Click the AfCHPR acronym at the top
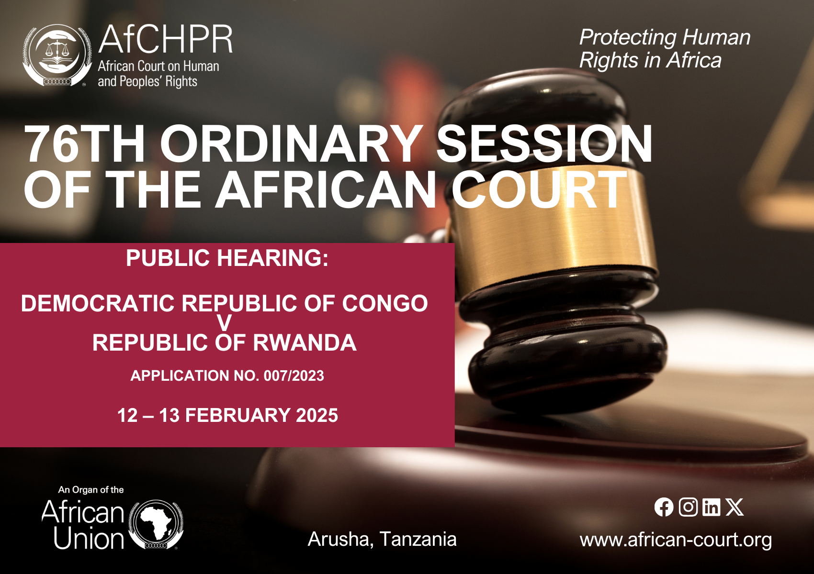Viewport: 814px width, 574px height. click(165, 40)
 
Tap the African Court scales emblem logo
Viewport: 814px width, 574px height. click(57, 55)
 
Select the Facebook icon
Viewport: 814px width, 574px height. click(664, 507)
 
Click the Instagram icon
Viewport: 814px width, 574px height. click(688, 507)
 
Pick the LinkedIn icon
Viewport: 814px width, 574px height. click(711, 507)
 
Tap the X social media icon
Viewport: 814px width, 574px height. click(735, 507)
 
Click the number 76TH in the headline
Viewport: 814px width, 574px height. click(84, 144)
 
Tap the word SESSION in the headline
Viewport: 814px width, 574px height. click(544, 144)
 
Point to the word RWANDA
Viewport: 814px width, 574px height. click(305, 343)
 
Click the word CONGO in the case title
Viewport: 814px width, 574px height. click(385, 303)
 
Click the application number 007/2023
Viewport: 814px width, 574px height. click(294, 376)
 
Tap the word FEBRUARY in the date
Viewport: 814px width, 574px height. click(238, 415)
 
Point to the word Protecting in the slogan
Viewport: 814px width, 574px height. click(628, 38)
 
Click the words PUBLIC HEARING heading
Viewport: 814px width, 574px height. click(227, 258)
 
